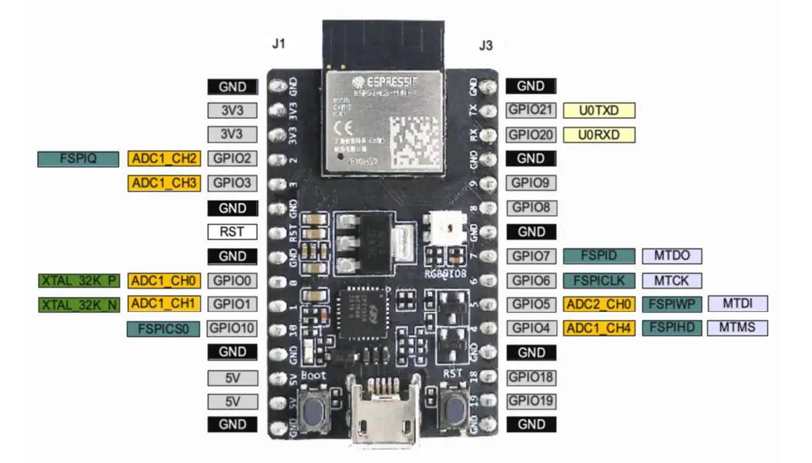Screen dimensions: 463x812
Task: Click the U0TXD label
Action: point(599,110)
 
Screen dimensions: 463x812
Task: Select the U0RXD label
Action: point(599,134)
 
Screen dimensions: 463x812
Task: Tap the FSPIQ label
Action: point(78,159)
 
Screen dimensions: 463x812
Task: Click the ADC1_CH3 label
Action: point(164,183)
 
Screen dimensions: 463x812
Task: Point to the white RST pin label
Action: point(232,232)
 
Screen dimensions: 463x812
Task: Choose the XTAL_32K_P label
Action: point(78,281)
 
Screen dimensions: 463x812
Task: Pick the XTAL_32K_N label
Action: point(78,304)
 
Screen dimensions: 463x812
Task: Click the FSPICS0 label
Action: point(164,329)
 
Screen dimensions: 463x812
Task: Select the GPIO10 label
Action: point(232,328)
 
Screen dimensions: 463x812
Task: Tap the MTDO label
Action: point(671,255)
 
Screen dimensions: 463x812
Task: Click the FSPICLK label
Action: point(599,280)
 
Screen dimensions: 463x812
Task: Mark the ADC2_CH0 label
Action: point(599,304)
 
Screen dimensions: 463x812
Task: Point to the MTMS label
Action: point(738,327)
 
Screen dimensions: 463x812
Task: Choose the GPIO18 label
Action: point(531,377)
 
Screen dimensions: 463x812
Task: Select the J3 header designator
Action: point(486,45)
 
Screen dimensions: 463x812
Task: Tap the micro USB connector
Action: point(382,415)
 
